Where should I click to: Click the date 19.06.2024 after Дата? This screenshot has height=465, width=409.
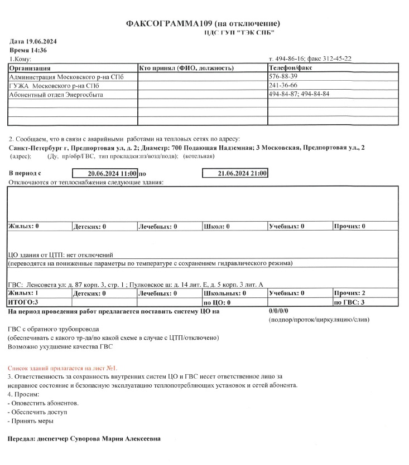tap(47, 42)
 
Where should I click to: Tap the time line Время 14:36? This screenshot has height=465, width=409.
tap(28, 50)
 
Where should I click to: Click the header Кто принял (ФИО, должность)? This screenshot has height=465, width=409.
tap(185, 67)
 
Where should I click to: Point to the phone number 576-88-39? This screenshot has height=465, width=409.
tap(283, 76)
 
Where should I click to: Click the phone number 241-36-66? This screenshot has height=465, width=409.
tap(283, 85)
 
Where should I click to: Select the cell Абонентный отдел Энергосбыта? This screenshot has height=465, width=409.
tap(56, 94)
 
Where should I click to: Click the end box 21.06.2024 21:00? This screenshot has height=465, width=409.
tap(235, 174)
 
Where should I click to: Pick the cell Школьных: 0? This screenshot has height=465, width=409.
tap(225, 293)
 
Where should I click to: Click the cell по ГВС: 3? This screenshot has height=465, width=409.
tap(349, 301)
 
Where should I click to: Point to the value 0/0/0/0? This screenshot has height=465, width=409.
tap(278, 311)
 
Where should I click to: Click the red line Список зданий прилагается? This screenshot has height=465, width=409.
tap(62, 368)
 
